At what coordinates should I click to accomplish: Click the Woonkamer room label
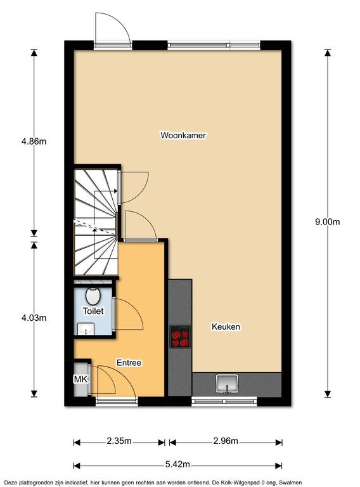click(184, 135)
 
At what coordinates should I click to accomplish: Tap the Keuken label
click(225, 327)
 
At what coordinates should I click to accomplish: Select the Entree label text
click(129, 363)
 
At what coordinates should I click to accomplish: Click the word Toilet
click(93, 311)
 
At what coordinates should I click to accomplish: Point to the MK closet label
click(80, 379)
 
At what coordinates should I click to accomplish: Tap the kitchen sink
click(226, 384)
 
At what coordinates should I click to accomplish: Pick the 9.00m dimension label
click(328, 221)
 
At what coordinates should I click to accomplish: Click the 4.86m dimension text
click(34, 141)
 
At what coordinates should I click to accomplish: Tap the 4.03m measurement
click(34, 318)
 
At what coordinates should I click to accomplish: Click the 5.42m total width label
click(177, 464)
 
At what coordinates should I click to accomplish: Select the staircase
click(95, 222)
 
